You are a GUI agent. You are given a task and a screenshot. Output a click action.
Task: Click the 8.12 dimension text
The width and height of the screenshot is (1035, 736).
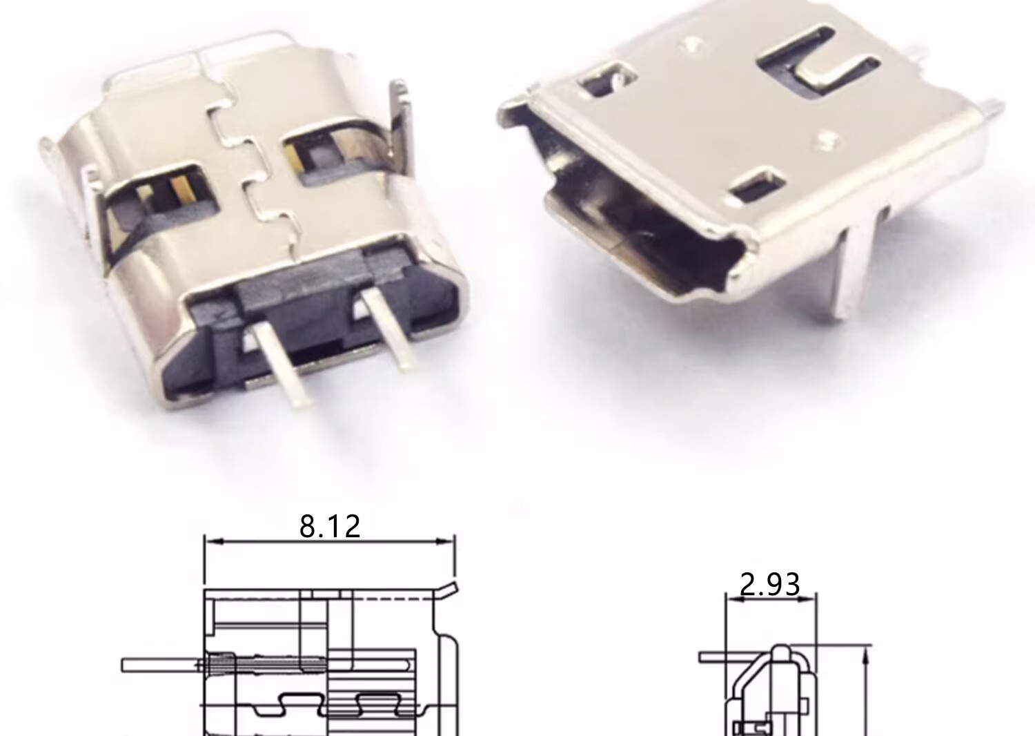pyautogui.click(x=329, y=526)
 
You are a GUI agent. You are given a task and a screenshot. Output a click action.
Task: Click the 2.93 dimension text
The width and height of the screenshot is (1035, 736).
pyautogui.click(x=770, y=584)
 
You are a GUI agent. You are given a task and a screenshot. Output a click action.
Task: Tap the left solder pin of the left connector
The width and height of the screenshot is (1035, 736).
pyautogui.click(x=280, y=363)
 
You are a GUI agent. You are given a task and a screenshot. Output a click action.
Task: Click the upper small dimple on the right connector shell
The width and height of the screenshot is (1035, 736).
pyautogui.click(x=691, y=45)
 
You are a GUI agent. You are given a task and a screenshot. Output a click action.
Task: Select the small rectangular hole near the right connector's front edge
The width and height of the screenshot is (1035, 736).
pyautogui.click(x=757, y=185)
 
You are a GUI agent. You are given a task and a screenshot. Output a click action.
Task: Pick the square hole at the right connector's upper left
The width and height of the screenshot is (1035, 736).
pyautogui.click(x=607, y=80)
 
